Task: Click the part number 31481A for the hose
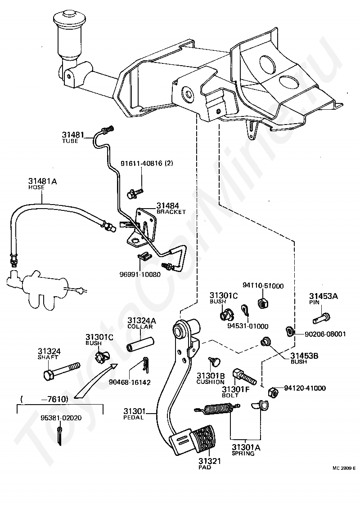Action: pyautogui.click(x=42, y=182)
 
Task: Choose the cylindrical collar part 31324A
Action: pyautogui.click(x=139, y=344)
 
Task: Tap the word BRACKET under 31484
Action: pyautogui.click(x=171, y=212)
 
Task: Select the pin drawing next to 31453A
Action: pyautogui.click(x=322, y=317)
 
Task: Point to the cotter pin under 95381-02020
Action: pyautogui.click(x=59, y=435)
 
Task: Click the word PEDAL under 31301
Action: pyautogui.click(x=133, y=418)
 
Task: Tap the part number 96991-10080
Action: pyautogui.click(x=140, y=274)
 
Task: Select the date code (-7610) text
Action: pyautogui.click(x=44, y=400)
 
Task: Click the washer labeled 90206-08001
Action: pyautogui.click(x=289, y=331)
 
